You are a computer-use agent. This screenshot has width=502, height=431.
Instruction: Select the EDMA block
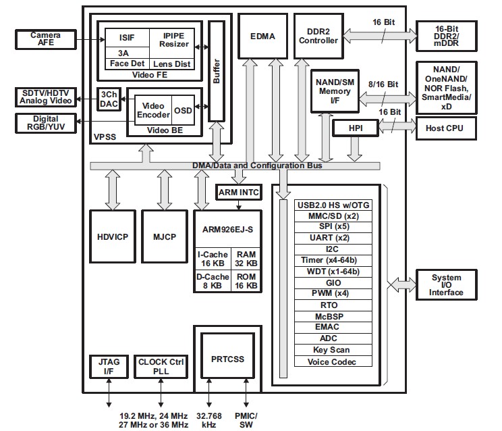(262, 36)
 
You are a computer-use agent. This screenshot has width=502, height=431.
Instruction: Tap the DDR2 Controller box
(318, 35)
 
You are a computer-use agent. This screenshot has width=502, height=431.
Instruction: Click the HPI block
(356, 128)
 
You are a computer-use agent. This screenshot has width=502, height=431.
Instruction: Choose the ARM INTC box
(238, 193)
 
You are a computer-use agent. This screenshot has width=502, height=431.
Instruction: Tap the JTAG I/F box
(105, 367)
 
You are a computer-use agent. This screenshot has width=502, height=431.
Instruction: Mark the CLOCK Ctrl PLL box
(161, 367)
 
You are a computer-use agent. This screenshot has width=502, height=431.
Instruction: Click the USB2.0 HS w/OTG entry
(333, 205)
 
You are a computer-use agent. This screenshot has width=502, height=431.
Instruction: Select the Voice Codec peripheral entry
(333, 361)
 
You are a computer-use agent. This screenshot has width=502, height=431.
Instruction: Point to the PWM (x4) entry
(333, 293)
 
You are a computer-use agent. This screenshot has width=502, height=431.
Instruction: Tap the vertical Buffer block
(216, 71)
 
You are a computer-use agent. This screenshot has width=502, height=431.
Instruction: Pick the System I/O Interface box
(446, 285)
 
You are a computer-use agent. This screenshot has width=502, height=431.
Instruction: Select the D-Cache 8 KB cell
(211, 280)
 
